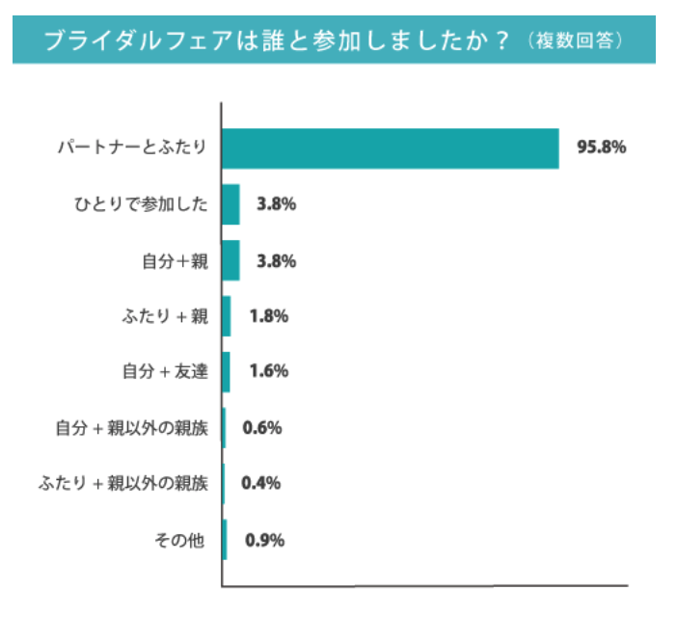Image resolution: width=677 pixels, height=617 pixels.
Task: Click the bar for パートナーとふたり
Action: pos(391,148)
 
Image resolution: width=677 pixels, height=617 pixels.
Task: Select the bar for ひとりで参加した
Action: pos(230,204)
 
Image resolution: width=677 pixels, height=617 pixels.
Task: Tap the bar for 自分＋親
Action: pos(230,260)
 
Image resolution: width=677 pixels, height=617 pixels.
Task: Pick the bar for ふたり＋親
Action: pos(227,316)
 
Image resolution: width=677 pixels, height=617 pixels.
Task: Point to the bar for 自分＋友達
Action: pos(227,372)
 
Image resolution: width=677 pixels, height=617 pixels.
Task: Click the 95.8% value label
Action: pos(602,148)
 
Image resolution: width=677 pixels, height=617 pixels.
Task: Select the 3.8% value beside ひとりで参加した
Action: pos(276,204)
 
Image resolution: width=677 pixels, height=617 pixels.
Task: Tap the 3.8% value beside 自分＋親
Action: pos(276,260)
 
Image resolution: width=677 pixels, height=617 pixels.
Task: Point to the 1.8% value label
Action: pos(268,316)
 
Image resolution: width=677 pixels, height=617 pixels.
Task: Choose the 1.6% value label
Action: pos(268,372)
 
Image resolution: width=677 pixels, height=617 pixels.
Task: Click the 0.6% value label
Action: pos(261,428)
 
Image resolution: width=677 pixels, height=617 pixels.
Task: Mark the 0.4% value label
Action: pos(260,484)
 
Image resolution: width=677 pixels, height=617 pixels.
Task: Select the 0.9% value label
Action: pos(264,540)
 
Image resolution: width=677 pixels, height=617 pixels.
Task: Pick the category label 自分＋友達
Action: pos(166,372)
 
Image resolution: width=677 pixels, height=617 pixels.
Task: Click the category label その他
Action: pos(180,540)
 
